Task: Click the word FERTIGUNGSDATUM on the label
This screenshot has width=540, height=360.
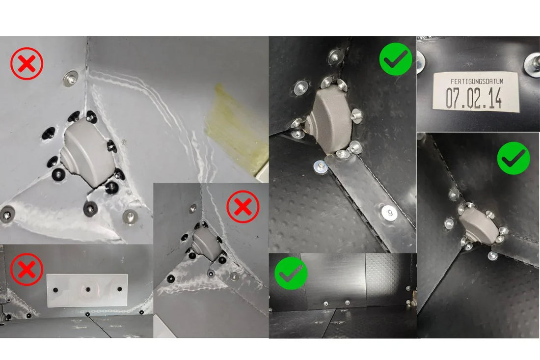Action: [477, 82]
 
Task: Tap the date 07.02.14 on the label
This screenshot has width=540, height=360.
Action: [474, 98]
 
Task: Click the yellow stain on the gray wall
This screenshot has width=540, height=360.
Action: [237, 129]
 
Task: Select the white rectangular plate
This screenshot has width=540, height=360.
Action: [87, 290]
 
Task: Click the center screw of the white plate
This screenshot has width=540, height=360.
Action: [88, 289]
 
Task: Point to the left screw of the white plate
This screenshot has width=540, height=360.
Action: [56, 290]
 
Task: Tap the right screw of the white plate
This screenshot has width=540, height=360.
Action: [119, 289]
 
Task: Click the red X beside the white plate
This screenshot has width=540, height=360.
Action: [27, 269]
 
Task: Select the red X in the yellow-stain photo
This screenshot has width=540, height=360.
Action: [27, 63]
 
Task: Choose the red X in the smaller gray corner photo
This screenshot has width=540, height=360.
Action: [243, 207]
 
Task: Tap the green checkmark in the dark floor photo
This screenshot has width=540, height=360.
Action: [291, 273]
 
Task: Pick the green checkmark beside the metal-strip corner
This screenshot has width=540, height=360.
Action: [396, 59]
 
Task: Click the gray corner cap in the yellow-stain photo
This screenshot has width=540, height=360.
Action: [88, 152]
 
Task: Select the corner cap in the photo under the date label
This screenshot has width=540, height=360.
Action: [478, 225]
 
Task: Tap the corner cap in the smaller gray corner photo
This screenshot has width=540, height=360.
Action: [206, 244]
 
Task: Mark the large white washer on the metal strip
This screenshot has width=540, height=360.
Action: [389, 212]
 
